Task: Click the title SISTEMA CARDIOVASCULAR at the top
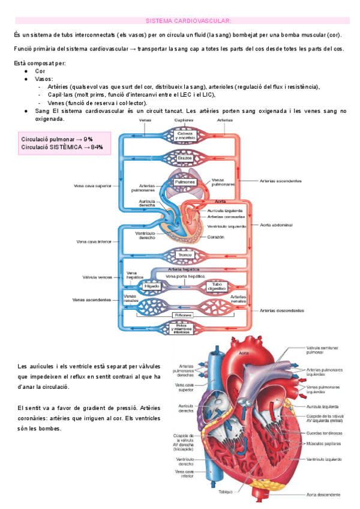pyautogui.click(x=179, y=20)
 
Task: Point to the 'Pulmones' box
pyautogui.click(x=184, y=181)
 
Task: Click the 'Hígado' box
pyautogui.click(x=151, y=287)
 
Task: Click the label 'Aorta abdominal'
pyautogui.click(x=276, y=225)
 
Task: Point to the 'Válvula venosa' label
pyautogui.click(x=97, y=277)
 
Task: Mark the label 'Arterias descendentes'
pyautogui.click(x=281, y=310)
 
